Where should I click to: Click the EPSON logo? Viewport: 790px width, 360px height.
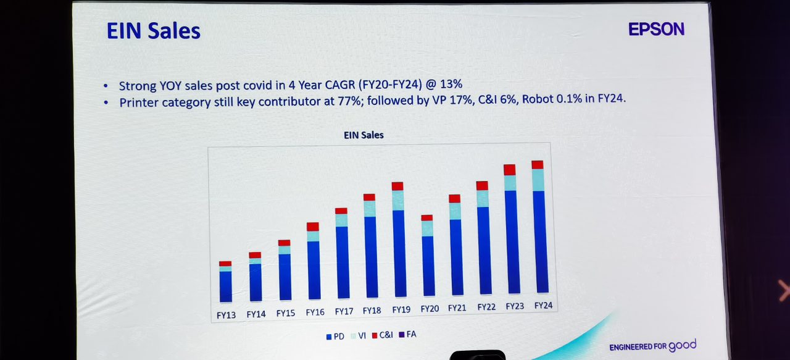pyautogui.click(x=656, y=29)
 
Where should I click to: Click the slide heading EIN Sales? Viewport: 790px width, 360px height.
pyautogui.click(x=153, y=31)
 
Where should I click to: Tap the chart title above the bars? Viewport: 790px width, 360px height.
pyautogui.click(x=364, y=135)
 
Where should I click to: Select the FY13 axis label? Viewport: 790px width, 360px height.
pyautogui.click(x=226, y=314)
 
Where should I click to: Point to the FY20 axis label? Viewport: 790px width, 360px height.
pyautogui.click(x=430, y=308)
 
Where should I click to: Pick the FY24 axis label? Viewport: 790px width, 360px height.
pyautogui.click(x=543, y=306)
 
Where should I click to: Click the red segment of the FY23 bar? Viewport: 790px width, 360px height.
pyautogui.click(x=509, y=170)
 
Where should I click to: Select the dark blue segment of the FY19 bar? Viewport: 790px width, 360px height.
pyautogui.click(x=399, y=253)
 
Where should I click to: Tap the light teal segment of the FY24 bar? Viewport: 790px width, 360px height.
pyautogui.click(x=538, y=180)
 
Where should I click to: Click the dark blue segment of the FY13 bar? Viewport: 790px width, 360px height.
pyautogui.click(x=225, y=286)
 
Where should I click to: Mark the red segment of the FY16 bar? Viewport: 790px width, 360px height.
pyautogui.click(x=313, y=227)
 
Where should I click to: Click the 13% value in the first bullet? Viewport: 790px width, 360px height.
pyautogui.click(x=451, y=84)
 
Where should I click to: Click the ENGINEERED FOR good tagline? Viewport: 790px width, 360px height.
pyautogui.click(x=652, y=346)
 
